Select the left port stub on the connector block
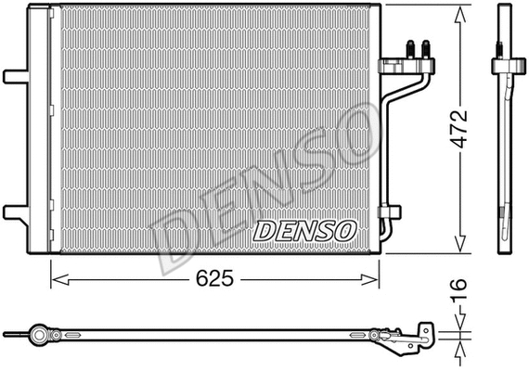(409, 47)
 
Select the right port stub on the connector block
(426, 47)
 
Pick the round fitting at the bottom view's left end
(38, 332)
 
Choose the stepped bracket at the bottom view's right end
(426, 336)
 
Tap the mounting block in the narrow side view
(504, 67)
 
